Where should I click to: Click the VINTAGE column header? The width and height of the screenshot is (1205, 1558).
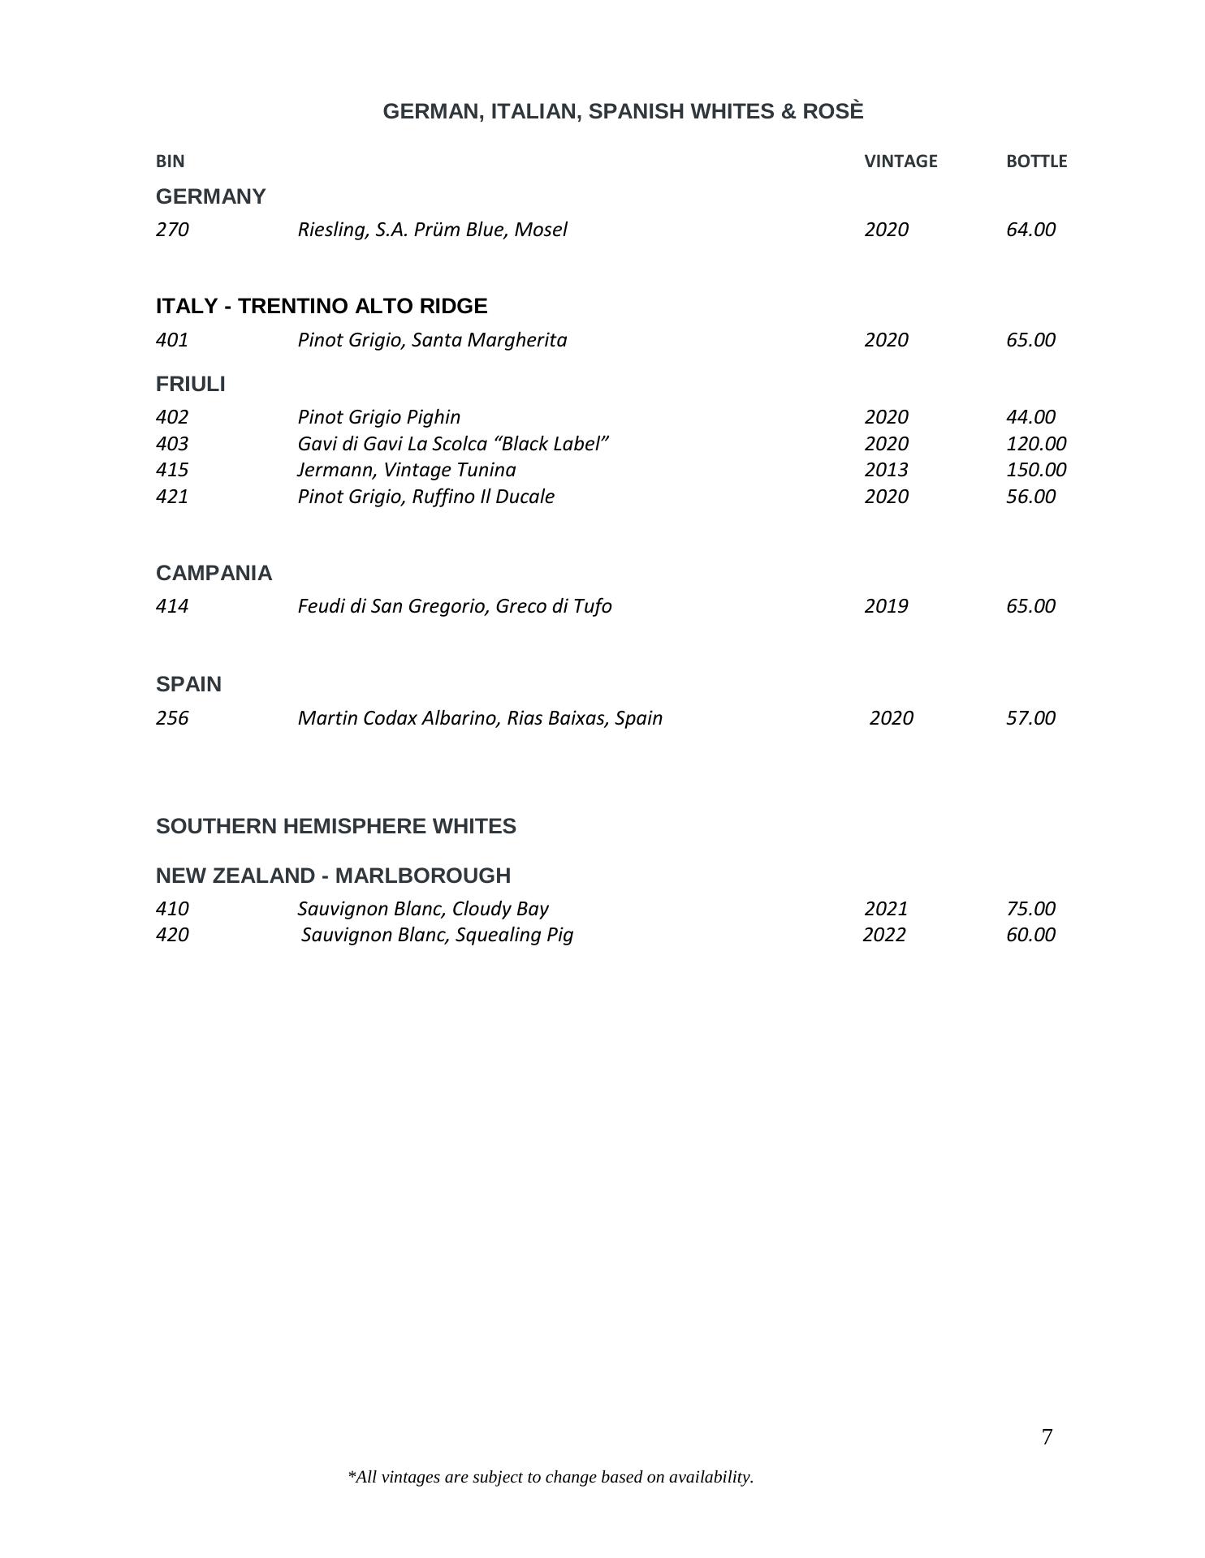click(x=900, y=161)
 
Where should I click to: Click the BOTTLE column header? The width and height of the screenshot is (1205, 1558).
click(x=1035, y=161)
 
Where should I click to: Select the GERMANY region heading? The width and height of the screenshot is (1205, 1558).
click(x=210, y=196)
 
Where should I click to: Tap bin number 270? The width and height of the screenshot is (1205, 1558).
click(x=172, y=230)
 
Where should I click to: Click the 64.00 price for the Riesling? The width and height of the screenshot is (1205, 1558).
click(x=1030, y=230)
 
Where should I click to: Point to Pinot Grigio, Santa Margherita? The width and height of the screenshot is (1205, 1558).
click(x=432, y=340)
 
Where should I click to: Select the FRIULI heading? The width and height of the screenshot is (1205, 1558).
click(x=190, y=384)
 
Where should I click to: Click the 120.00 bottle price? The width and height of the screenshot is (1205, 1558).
click(x=1035, y=444)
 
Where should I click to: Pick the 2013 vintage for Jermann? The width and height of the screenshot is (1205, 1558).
click(x=886, y=470)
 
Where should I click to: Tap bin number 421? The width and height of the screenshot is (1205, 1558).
click(x=172, y=497)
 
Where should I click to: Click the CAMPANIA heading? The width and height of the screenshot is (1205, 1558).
click(x=214, y=573)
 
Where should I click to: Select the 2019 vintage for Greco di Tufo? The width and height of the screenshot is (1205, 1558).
click(x=886, y=606)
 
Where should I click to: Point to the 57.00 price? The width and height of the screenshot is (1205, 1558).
click(x=1030, y=718)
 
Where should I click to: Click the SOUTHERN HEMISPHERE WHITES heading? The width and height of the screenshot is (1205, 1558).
click(x=335, y=826)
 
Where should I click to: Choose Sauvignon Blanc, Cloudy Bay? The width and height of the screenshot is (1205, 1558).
click(x=422, y=909)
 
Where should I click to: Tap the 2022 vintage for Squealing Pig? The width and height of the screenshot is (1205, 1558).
click(x=883, y=935)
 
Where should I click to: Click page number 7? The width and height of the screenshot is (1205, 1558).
click(x=1047, y=1438)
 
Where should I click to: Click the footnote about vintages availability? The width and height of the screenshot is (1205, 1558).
click(x=550, y=1478)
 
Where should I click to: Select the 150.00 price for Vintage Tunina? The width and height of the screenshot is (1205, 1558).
click(x=1035, y=470)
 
